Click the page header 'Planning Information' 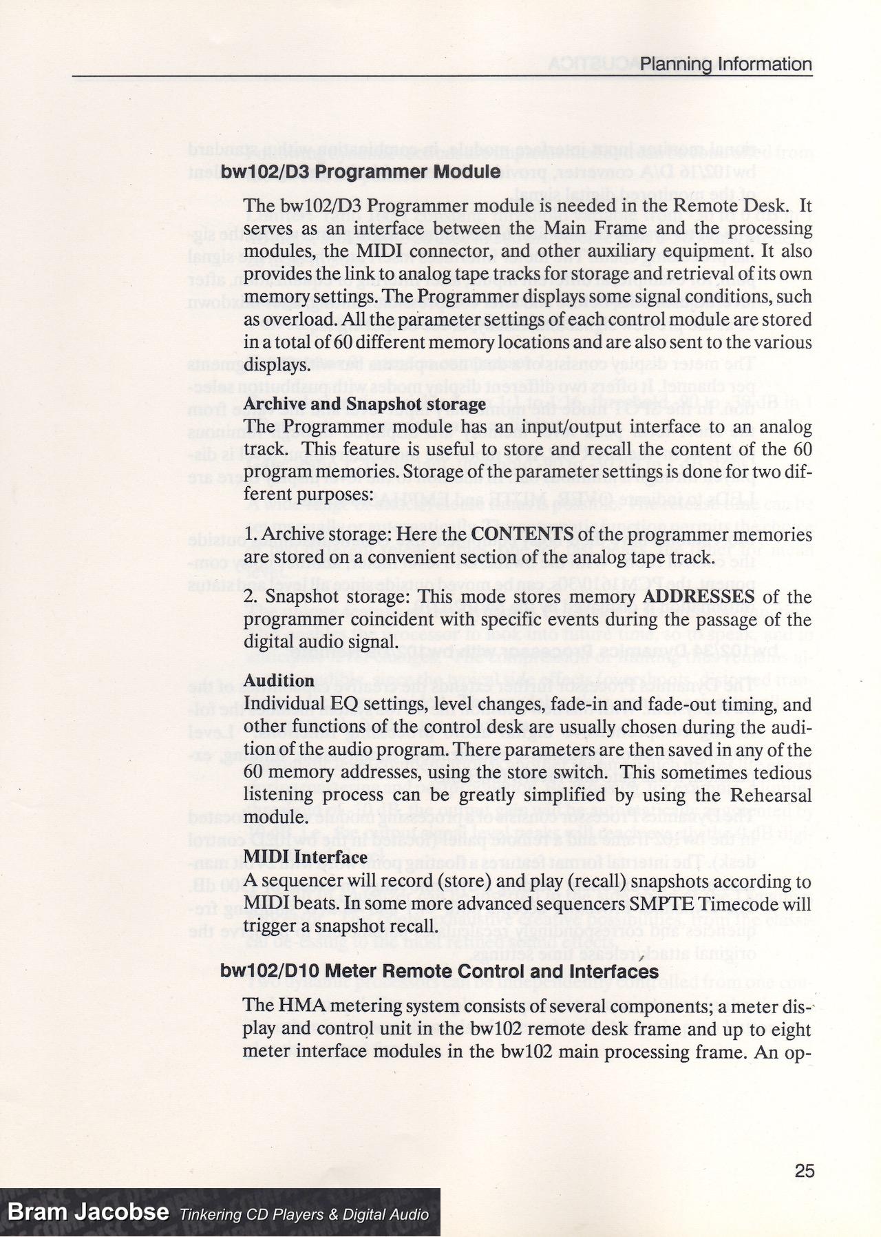tap(725, 65)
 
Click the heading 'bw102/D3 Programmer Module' tap(360, 171)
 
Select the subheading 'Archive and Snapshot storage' tap(365, 404)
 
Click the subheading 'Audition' tap(279, 680)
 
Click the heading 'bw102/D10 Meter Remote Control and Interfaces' tap(439, 971)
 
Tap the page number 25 tap(804, 1171)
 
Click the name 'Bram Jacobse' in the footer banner tap(88, 1212)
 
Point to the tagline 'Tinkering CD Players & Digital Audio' tap(304, 1214)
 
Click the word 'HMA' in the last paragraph tap(298, 1005)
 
